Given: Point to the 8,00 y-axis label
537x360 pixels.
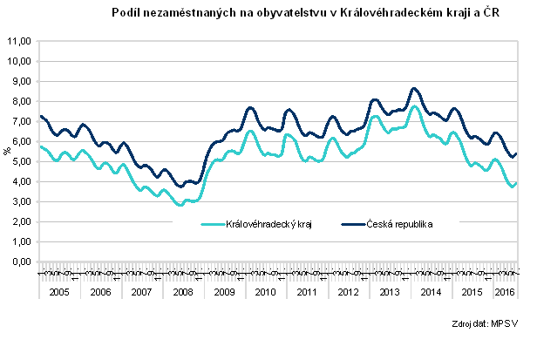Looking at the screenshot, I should (x=20, y=101).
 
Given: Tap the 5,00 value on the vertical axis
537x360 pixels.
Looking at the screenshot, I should (x=20, y=161).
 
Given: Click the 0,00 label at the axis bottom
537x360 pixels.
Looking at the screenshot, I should (x=20, y=262).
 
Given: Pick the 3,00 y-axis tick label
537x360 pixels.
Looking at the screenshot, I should (x=20, y=201).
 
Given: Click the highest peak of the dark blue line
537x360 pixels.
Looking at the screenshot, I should (x=414, y=88).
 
